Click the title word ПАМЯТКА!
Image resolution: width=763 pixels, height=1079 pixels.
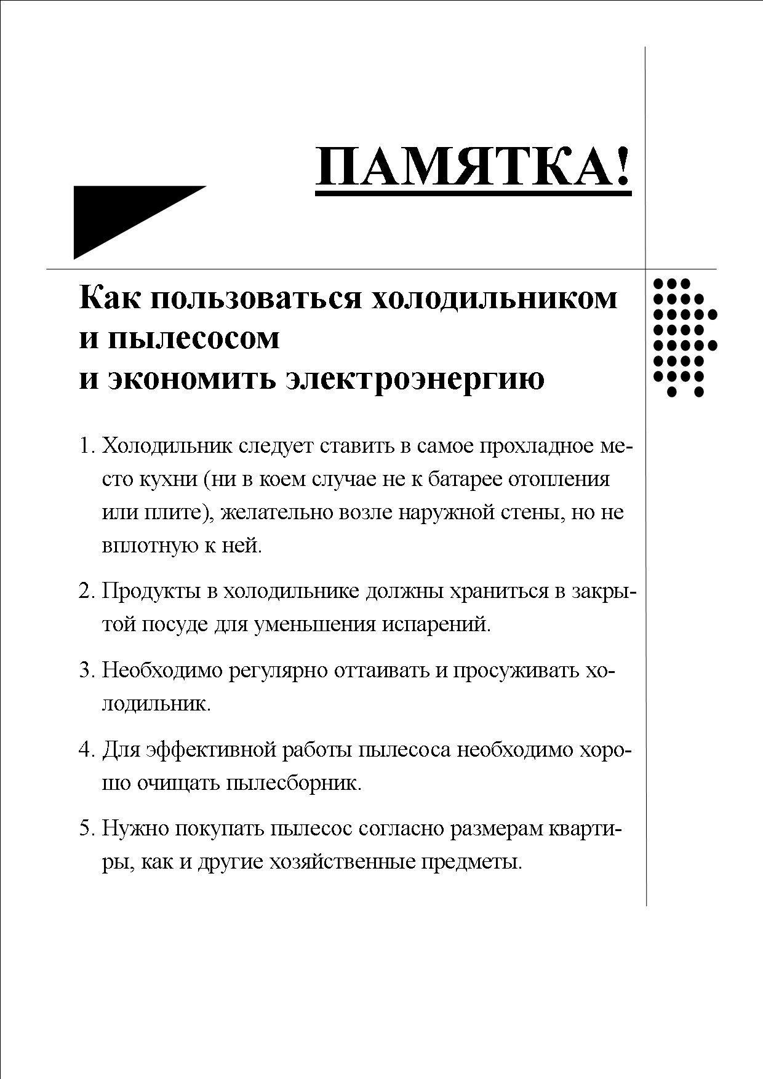click(x=473, y=167)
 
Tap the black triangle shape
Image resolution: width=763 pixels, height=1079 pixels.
click(x=117, y=215)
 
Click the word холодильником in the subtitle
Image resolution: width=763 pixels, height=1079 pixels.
click(x=495, y=298)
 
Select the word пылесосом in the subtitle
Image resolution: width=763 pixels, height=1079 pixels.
click(x=194, y=338)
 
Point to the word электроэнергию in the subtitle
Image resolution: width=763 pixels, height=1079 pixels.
click(x=415, y=378)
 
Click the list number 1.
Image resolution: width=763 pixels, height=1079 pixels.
click(x=86, y=446)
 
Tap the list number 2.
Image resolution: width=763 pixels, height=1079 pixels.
click(x=86, y=591)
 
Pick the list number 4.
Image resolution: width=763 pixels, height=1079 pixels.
click(x=86, y=750)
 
